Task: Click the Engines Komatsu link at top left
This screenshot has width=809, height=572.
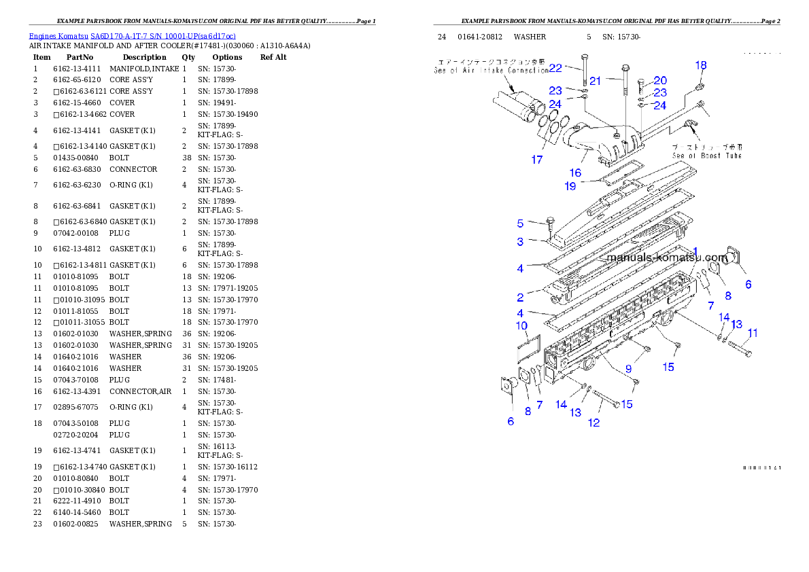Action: (x=132, y=36)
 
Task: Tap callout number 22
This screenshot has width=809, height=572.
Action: (x=555, y=69)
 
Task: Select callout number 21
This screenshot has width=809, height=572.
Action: (x=596, y=81)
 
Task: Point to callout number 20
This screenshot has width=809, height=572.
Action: (x=660, y=81)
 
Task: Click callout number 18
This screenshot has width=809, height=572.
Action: (x=701, y=65)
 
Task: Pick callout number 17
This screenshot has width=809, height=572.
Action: (x=537, y=160)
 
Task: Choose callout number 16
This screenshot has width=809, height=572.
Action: (x=575, y=173)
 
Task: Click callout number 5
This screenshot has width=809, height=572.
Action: (x=520, y=224)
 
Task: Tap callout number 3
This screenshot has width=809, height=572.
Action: (x=520, y=242)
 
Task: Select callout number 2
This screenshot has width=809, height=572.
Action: (x=520, y=297)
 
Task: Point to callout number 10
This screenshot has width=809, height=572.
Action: (x=521, y=326)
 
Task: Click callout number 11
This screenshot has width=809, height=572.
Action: (x=753, y=333)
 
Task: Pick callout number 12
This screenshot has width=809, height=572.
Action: (x=593, y=423)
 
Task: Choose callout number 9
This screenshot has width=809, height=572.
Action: (x=628, y=369)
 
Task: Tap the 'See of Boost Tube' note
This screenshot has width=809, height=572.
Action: (x=707, y=151)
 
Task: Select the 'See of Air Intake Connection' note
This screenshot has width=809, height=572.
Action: (x=491, y=65)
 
